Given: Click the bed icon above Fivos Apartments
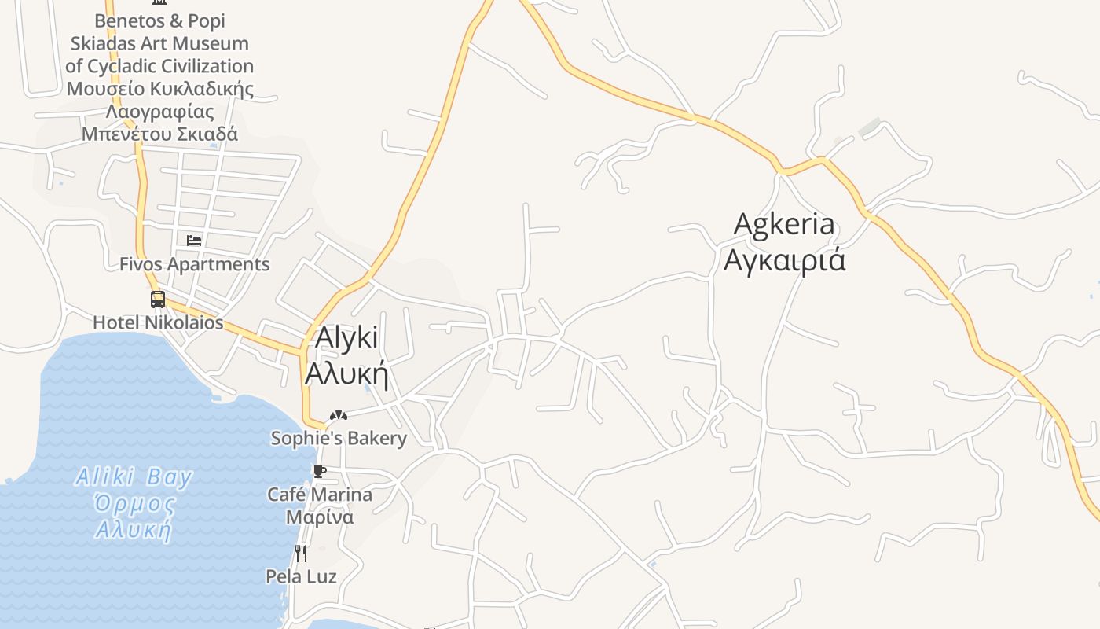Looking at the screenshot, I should pos(194,240).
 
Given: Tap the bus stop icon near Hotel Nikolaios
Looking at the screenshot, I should pos(158,299).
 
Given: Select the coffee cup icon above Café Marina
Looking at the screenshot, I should pos(319,471).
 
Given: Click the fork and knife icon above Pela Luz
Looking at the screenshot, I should pos(300,553).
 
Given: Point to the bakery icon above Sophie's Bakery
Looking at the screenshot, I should pos(339,414).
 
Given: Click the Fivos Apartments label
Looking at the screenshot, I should pos(194,264).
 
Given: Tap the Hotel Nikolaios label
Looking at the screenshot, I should pos(158,322).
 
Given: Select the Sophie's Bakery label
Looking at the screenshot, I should pos(339,438).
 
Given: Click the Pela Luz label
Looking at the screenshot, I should pos(301,576).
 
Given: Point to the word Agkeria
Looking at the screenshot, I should pos(783,223).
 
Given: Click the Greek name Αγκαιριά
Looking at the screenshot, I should pos(784,259).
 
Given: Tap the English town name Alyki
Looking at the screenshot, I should pos(346,337).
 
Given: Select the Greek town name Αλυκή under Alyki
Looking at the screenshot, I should pos(346,373).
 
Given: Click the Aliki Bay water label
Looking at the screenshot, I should pos(134,477).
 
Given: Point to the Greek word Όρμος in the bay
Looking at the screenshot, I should pos(134,503).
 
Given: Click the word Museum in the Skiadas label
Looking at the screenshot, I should pos(211,43).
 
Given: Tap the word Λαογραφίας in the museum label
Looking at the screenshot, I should pos(160,111).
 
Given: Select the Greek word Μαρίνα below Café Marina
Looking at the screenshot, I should pos(319,517).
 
